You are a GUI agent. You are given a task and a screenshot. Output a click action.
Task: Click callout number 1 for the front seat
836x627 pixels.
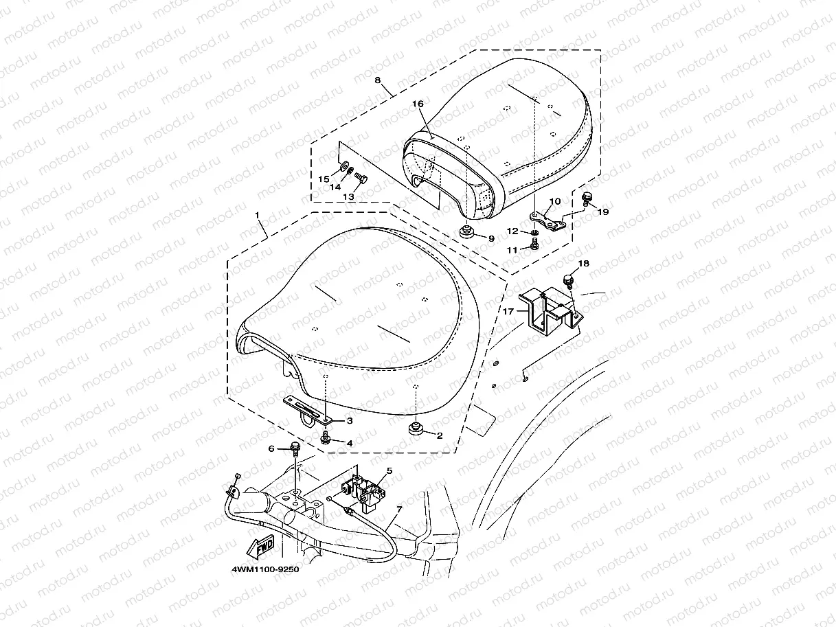pos(258,215)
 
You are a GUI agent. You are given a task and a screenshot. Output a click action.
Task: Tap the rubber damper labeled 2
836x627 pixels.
pos(416,431)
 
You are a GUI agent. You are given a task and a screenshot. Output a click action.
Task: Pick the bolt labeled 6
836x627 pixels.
pos(295,448)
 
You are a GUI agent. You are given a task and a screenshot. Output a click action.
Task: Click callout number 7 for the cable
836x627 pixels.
pos(400,510)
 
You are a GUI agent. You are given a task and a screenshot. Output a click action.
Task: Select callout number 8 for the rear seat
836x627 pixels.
pos(377,80)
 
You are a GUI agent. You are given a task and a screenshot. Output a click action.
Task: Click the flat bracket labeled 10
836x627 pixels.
pos(548,219)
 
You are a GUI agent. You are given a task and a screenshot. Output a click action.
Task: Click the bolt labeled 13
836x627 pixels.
pos(363,180)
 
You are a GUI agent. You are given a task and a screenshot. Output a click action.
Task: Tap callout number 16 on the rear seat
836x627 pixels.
pos(417,103)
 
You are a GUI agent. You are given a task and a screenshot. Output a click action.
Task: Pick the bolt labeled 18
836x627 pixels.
pos(568,280)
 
